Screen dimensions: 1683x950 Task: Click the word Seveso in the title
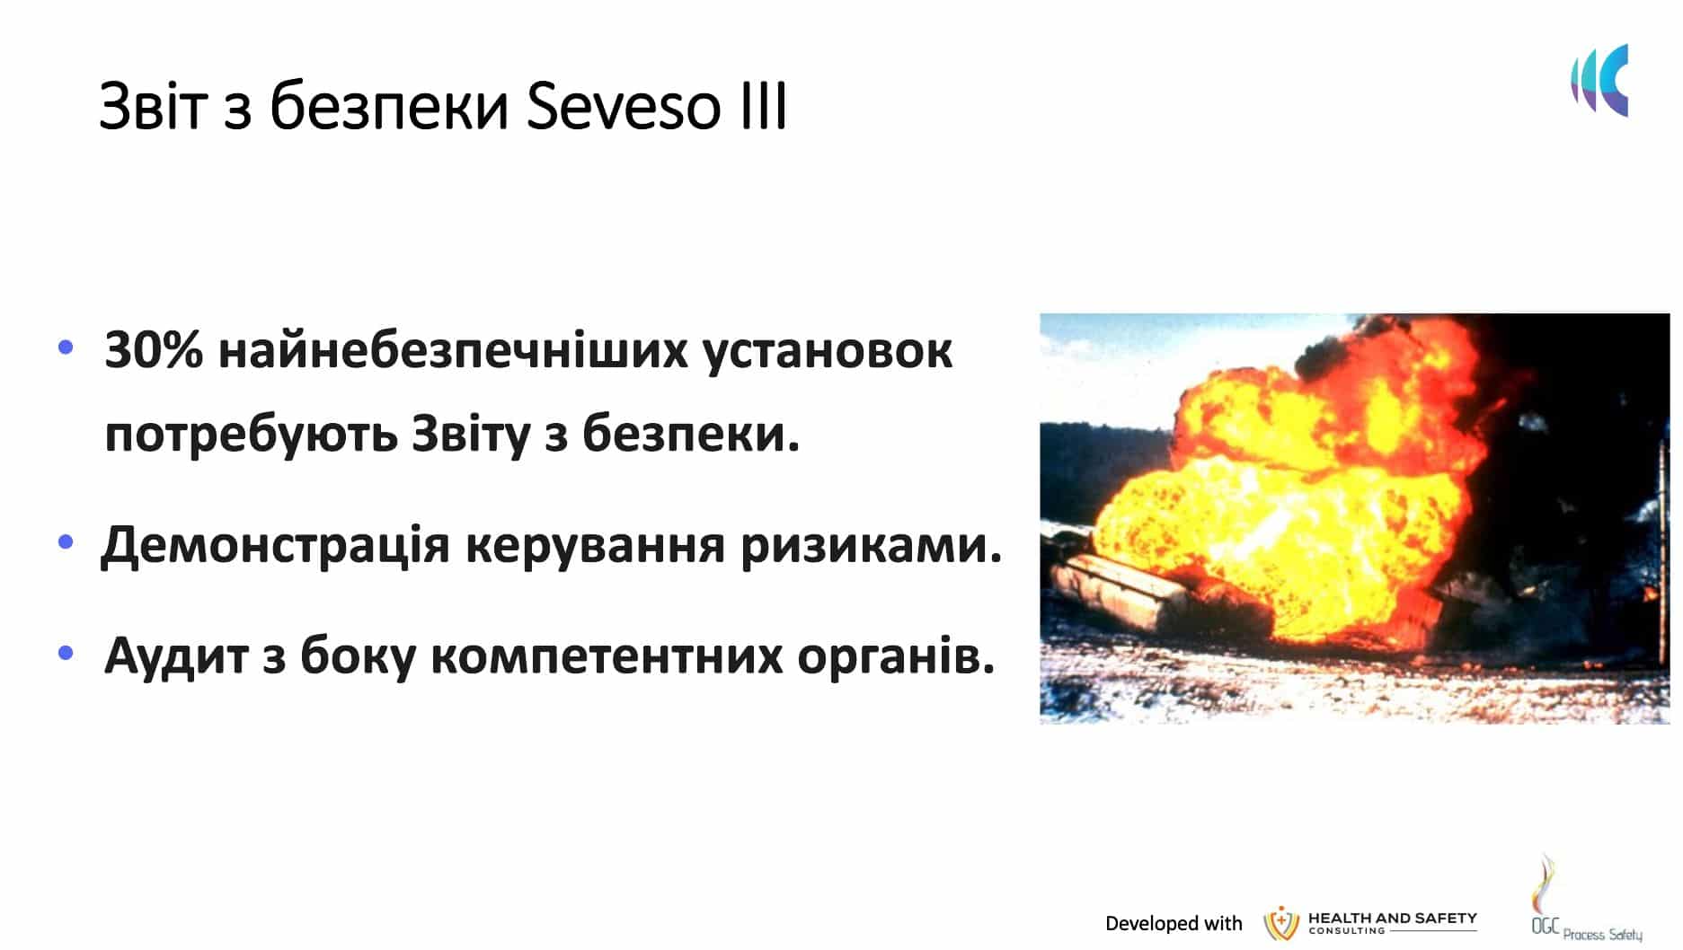623,107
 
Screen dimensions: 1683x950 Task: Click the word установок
827,351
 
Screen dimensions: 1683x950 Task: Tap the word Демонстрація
275,545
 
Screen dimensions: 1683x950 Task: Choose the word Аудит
176,655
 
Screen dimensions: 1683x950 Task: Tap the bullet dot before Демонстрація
66,542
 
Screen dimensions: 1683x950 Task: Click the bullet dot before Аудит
66,653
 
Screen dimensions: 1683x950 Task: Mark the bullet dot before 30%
66,347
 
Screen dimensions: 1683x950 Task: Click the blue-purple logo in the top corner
1599,80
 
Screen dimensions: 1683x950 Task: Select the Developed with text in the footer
1173,923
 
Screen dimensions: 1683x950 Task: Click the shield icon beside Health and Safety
1281,923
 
